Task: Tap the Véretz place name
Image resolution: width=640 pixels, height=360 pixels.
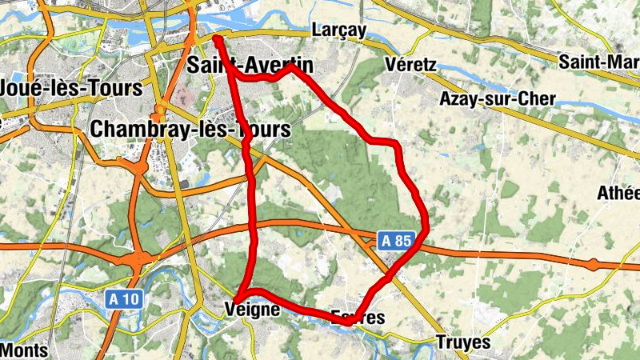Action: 410,63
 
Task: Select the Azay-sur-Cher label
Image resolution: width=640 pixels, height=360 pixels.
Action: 497,98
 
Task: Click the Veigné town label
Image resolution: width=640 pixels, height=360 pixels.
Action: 253,309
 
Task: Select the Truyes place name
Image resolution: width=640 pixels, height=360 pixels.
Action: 463,342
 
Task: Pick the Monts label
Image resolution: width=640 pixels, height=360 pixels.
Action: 23,350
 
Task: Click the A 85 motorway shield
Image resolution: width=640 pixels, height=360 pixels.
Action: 395,239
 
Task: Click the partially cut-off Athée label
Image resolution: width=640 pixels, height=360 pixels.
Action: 619,193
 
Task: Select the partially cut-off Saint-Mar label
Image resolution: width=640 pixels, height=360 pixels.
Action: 598,62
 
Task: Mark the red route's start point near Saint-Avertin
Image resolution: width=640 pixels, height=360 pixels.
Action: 217,37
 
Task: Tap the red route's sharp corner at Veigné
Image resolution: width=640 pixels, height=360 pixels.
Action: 238,298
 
